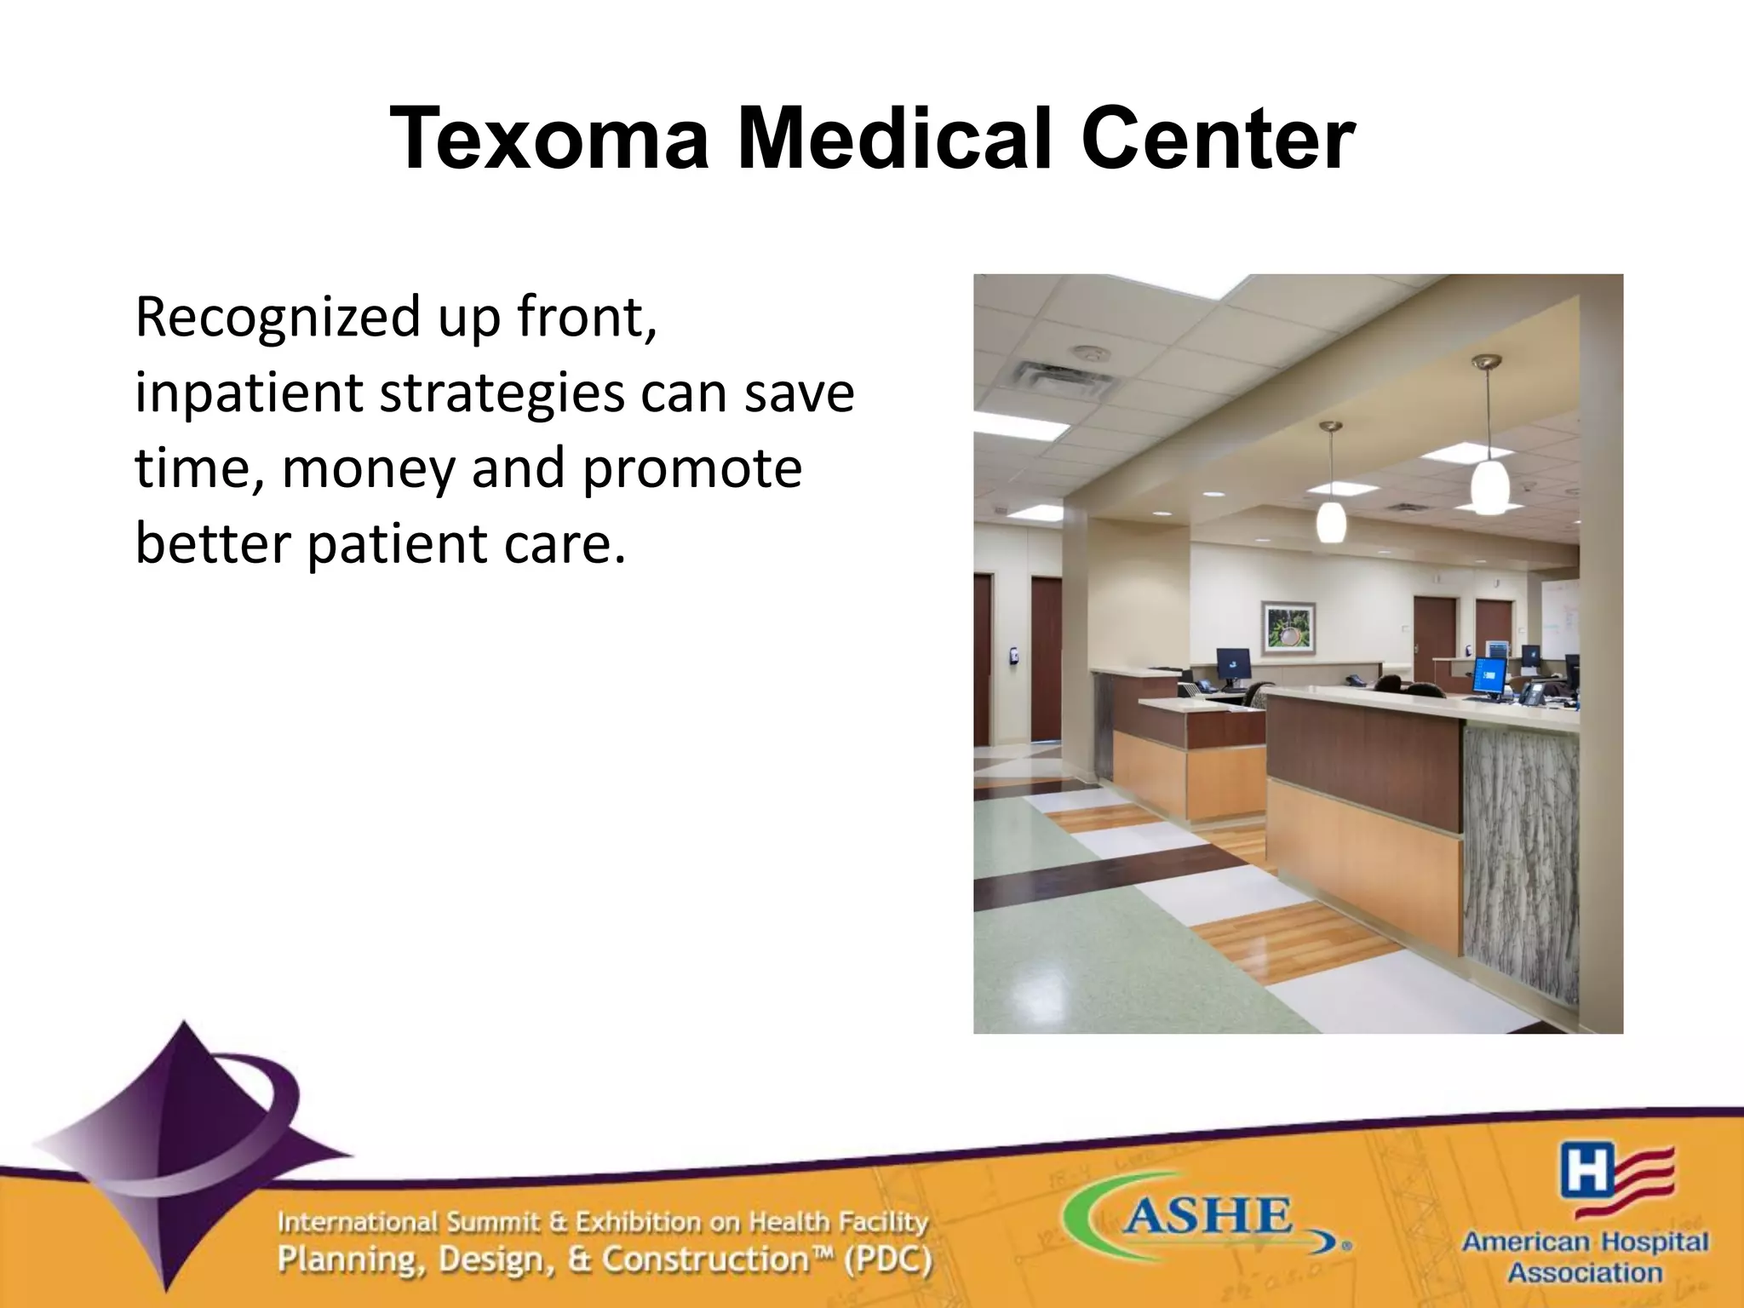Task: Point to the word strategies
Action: [x=502, y=393]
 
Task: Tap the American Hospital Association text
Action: [x=1585, y=1257]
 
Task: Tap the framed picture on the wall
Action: [x=1288, y=628]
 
